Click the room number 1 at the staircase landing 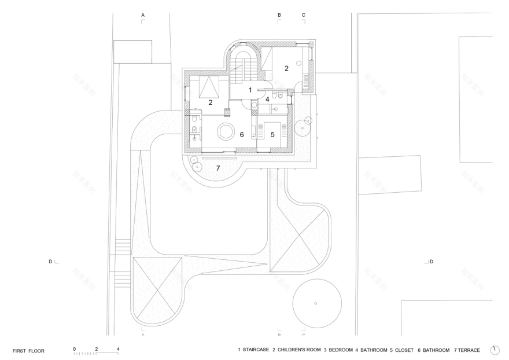tap(250, 90)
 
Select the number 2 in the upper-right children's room tap(286, 68)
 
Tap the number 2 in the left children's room tap(211, 102)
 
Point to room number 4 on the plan tap(267, 99)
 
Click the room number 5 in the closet tap(272, 134)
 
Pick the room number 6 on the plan tap(242, 134)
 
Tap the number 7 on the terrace tap(218, 168)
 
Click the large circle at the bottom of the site tap(315, 303)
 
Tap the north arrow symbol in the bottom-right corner tap(495, 350)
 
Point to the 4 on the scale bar tap(118, 348)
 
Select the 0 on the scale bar tap(75, 348)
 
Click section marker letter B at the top tap(279, 14)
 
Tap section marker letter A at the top tap(143, 14)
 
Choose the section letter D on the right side tap(431, 262)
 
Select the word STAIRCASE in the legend tap(255, 350)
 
